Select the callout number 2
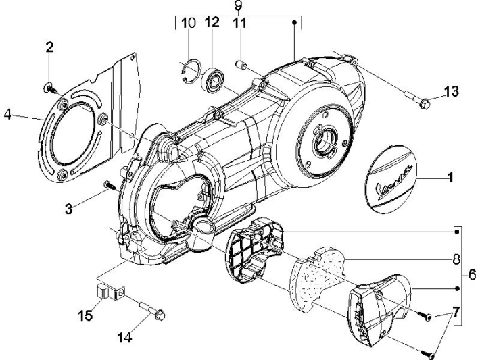49,47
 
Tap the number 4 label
7,115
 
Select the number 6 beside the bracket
471,275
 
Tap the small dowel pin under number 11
239,66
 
